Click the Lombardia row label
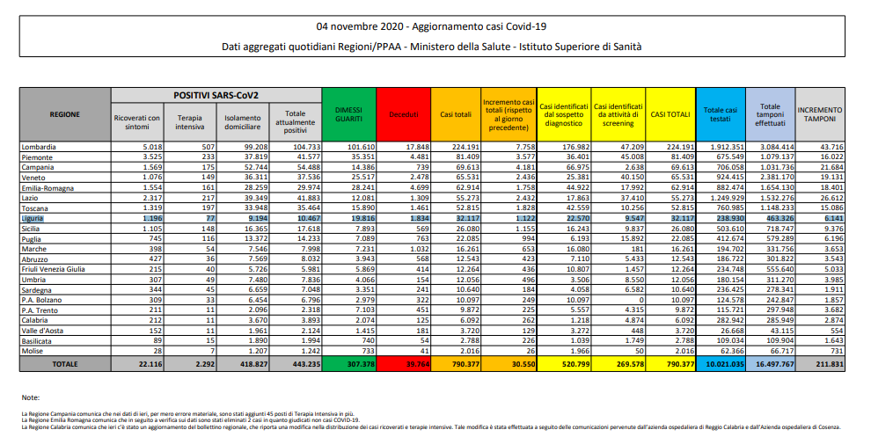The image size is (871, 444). point(41,146)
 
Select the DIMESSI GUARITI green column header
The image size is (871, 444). point(348,113)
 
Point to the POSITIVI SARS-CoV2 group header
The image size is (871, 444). point(216,94)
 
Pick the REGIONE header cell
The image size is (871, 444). point(65,113)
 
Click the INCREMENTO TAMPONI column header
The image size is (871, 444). point(819,113)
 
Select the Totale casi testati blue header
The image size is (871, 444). point(721,113)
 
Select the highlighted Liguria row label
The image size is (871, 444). point(35,217)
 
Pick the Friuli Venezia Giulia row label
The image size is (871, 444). point(55,269)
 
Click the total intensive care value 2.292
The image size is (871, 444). point(191,363)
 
